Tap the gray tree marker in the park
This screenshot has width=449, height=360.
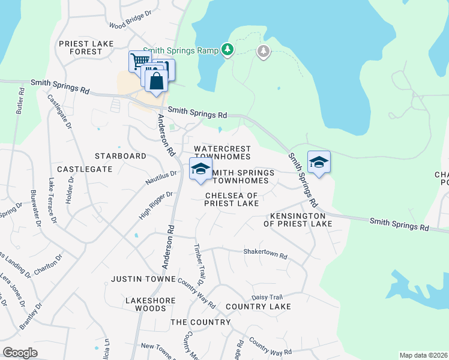(264, 52)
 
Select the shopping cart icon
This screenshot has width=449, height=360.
(139, 61)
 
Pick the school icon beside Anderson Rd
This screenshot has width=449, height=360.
(200, 169)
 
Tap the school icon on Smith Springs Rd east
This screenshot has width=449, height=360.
(319, 162)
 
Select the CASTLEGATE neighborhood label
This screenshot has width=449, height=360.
(85, 170)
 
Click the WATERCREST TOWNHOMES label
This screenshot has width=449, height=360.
(221, 152)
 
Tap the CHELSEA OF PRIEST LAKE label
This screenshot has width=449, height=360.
(232, 200)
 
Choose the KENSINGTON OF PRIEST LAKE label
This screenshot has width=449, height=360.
(298, 220)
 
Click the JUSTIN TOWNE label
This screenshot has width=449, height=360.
(141, 280)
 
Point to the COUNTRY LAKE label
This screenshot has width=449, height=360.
(258, 307)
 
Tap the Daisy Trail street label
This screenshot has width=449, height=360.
(267, 297)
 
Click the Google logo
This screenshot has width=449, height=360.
(20, 353)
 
